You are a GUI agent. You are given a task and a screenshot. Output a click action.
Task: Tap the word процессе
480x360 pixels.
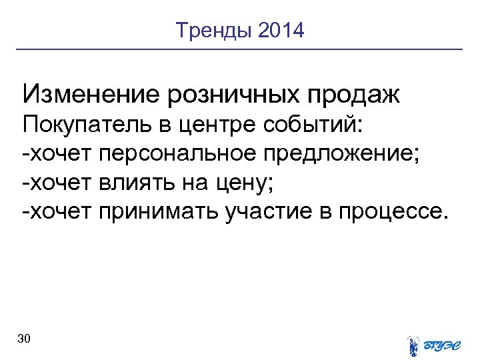[391, 213]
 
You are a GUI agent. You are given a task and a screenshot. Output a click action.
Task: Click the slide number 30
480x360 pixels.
[24, 339]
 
